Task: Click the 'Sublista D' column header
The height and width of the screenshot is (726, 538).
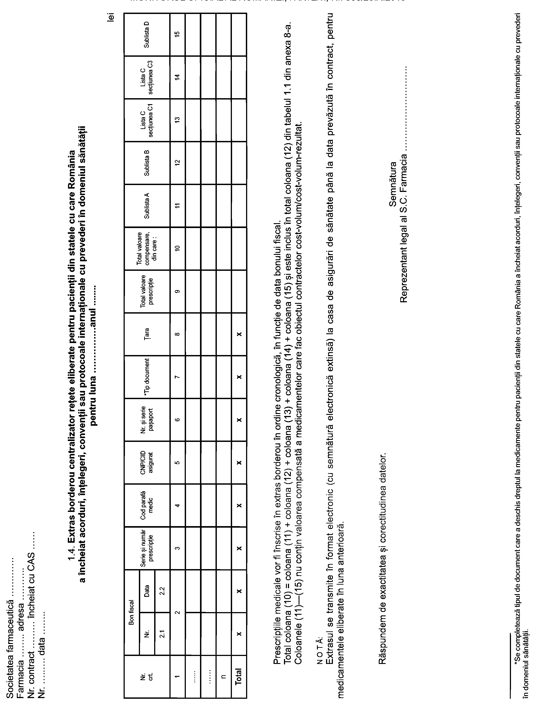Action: click(x=147, y=35)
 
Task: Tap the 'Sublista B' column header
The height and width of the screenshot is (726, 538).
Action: click(x=147, y=163)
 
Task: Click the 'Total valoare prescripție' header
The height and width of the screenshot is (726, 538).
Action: click(x=147, y=291)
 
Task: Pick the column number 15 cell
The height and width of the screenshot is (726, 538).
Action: click(x=177, y=35)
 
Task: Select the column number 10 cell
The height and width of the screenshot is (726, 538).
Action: click(x=177, y=248)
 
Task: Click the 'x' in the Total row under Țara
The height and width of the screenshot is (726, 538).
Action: click(x=239, y=334)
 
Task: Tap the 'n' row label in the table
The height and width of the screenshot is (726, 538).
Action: click(x=223, y=677)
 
